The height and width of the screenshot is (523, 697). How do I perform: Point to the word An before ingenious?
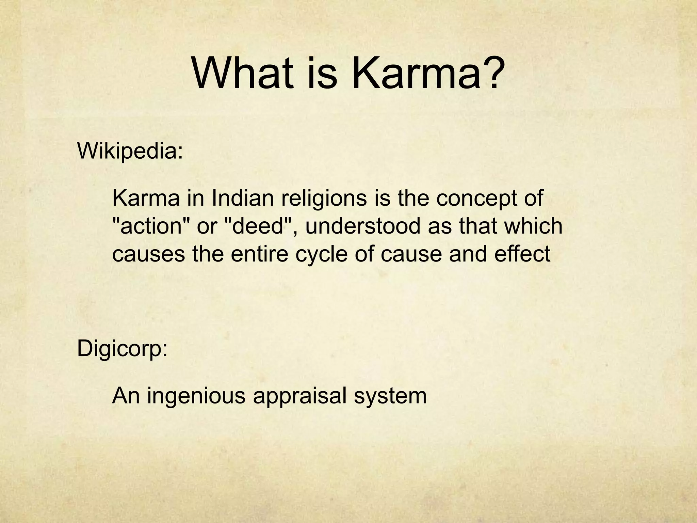(x=126, y=396)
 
